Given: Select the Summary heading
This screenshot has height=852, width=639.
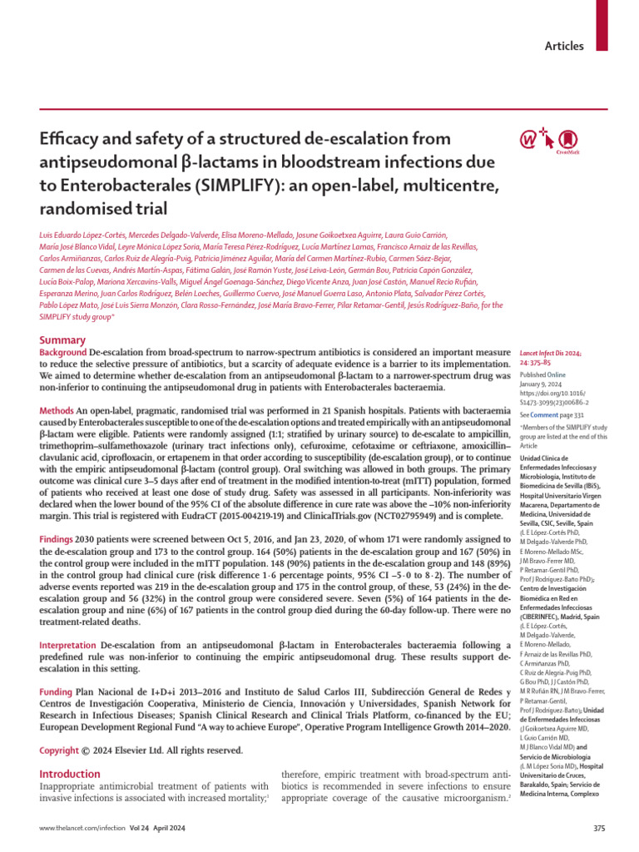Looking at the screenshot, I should tap(63, 340).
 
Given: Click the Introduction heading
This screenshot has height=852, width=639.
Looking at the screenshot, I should tap(71, 774).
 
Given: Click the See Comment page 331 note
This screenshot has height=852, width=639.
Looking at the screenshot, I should tap(553, 414).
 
